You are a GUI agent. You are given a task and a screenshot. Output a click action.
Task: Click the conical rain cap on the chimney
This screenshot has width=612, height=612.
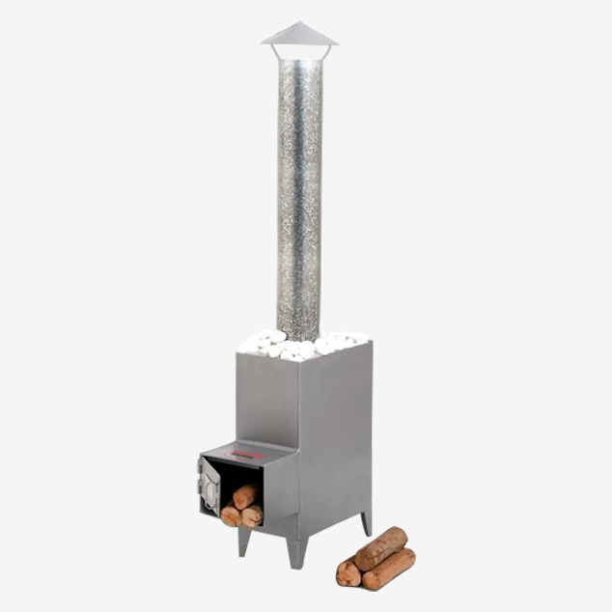(299, 39)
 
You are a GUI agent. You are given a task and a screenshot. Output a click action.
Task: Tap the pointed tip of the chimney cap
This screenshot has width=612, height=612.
(299, 23)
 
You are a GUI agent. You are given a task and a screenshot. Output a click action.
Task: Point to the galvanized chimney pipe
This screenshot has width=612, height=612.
(299, 193)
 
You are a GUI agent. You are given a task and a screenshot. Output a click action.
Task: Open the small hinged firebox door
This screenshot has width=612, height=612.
(209, 485)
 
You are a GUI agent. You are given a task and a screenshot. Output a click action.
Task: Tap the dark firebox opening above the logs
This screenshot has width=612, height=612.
(239, 475)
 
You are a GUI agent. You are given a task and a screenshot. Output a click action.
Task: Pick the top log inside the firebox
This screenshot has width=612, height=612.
(245, 496)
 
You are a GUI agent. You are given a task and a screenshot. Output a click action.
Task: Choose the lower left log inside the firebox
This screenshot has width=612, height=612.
(231, 515)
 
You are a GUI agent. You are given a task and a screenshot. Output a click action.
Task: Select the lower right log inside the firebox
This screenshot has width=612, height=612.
(252, 516)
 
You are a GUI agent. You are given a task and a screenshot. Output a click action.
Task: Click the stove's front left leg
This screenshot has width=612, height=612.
(243, 541)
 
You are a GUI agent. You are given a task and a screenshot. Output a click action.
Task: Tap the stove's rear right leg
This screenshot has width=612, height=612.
(366, 522)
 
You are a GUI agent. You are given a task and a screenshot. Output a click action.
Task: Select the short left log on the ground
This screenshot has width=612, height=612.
(348, 572)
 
